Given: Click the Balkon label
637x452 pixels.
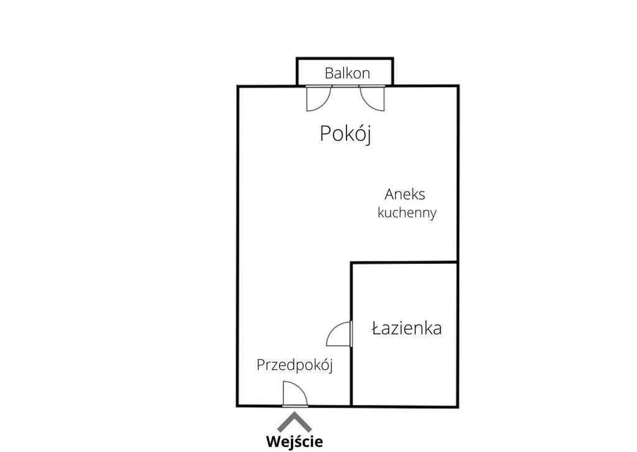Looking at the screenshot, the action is pyautogui.click(x=347, y=73).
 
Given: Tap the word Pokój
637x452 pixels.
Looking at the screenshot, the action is pyautogui.click(x=346, y=134).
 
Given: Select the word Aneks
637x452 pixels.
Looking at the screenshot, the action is pyautogui.click(x=404, y=194).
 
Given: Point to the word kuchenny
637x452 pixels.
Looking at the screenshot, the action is pyautogui.click(x=407, y=212).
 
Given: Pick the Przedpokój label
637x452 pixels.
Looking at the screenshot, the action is pyautogui.click(x=294, y=365).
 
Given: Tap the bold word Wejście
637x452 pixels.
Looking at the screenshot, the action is pyautogui.click(x=294, y=441).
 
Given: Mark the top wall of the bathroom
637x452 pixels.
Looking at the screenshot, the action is pyautogui.click(x=404, y=263).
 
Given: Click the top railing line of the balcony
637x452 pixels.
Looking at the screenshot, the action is pyautogui.click(x=345, y=59).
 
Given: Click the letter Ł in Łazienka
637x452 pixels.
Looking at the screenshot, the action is pyautogui.click(x=376, y=328).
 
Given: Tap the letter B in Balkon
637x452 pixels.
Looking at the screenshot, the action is pyautogui.click(x=329, y=73).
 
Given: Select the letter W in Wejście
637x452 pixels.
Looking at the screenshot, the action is pyautogui.click(x=274, y=441).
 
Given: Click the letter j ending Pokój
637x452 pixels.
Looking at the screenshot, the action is pyautogui.click(x=368, y=135).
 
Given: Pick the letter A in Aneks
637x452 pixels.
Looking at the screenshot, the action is pyautogui.click(x=389, y=194).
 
